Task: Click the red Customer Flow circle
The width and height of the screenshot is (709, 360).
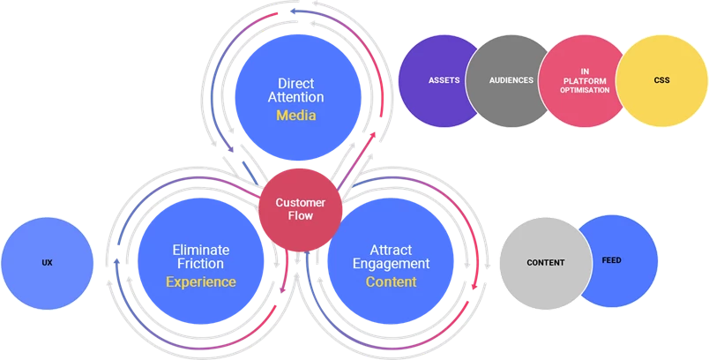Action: coord(300,209)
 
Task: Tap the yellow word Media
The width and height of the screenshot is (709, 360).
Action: coord(296,116)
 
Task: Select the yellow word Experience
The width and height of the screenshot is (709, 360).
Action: coord(201,282)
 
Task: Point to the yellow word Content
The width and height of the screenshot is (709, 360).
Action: coord(391,282)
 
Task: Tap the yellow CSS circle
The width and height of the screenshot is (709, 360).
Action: coord(661,80)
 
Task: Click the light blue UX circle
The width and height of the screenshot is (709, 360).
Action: coord(47,263)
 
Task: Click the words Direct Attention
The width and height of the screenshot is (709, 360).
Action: coord(296,90)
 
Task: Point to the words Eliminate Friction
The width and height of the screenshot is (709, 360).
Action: coord(201,256)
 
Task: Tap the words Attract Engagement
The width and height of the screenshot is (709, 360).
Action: coord(391,256)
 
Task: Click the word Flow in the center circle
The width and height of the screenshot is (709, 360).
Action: coord(300,216)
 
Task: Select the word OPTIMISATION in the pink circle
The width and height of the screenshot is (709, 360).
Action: coord(584,90)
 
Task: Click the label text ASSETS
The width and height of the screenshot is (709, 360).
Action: coord(444,80)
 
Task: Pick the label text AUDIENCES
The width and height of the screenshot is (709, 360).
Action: coord(511,80)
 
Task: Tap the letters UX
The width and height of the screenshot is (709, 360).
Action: coord(47,263)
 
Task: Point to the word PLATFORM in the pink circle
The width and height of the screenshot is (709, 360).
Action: coord(584,80)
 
